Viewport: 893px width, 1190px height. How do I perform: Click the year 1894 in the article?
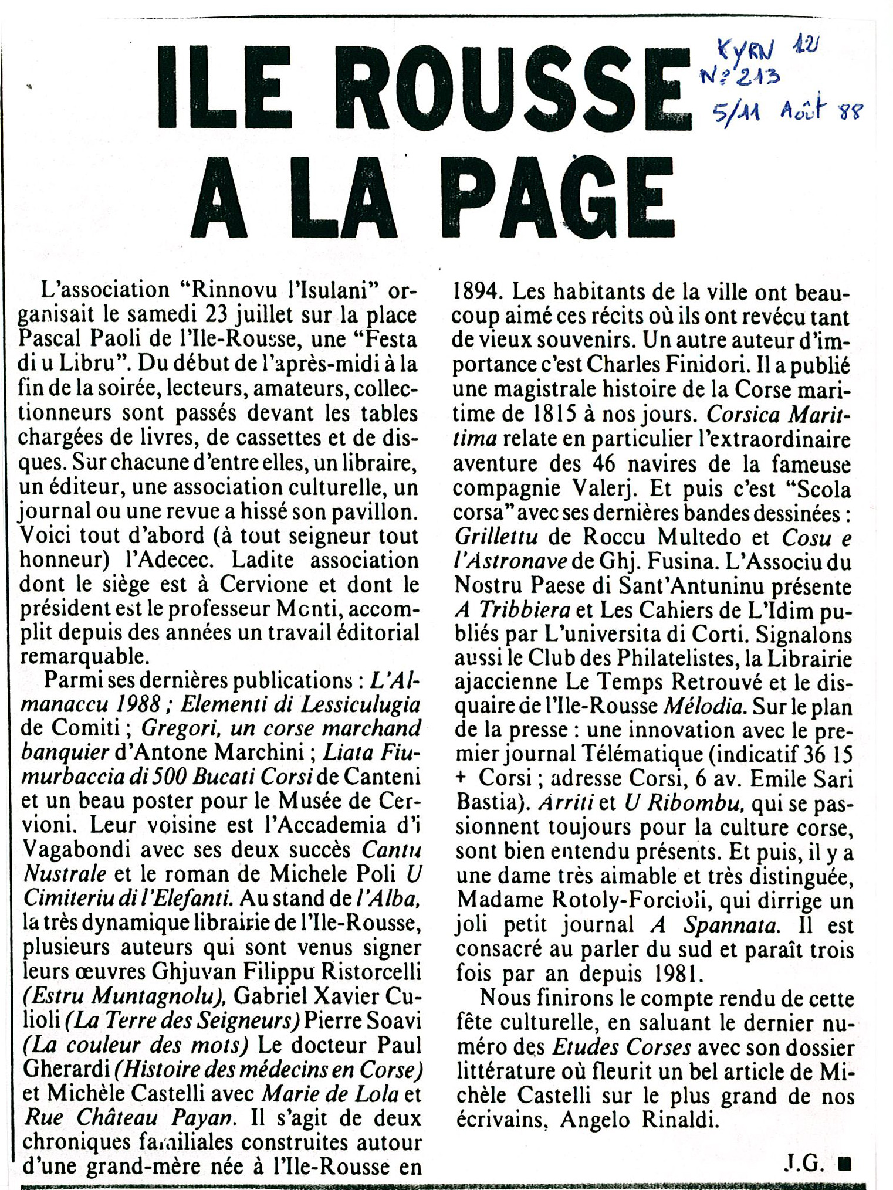tap(478, 291)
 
